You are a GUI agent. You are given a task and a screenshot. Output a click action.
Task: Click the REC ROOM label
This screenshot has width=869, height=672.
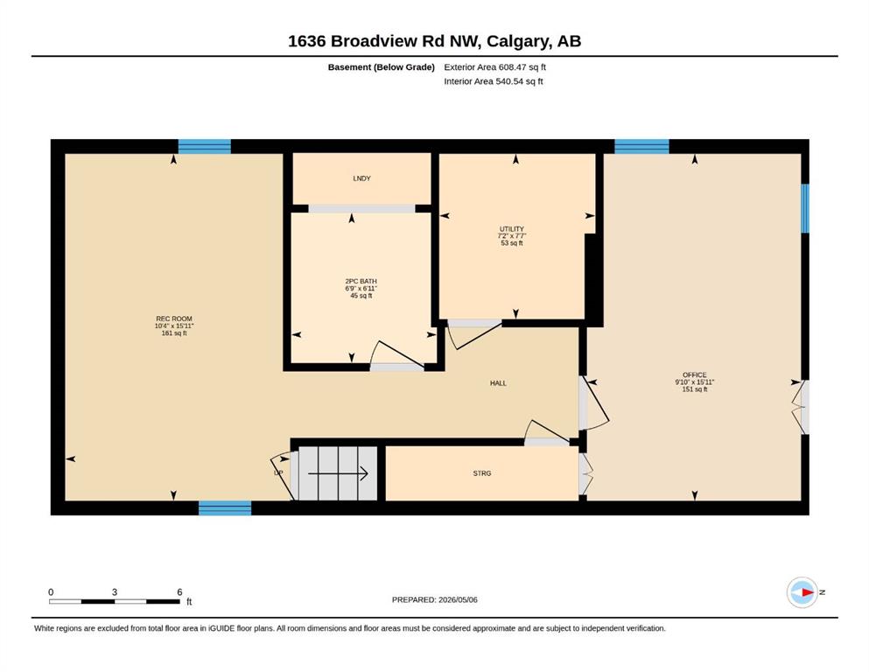[174, 318]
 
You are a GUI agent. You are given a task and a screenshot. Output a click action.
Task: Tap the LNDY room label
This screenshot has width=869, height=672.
[362, 178]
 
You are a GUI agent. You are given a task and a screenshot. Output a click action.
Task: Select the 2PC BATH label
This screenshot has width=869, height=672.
[361, 281]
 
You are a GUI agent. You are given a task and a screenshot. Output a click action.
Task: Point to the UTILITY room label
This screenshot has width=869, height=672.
[512, 228]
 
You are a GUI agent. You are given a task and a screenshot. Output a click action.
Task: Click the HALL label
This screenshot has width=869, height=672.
[498, 383]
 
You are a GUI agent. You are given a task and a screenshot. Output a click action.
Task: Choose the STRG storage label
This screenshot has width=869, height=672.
[482, 473]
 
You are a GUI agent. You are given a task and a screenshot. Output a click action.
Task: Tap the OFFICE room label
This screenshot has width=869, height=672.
[695, 375]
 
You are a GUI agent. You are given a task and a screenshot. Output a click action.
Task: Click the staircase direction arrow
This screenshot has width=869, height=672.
[338, 473]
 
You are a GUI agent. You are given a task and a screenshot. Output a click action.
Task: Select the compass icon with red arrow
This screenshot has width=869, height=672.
[802, 592]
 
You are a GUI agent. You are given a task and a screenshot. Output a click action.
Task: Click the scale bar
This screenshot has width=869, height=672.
[114, 601]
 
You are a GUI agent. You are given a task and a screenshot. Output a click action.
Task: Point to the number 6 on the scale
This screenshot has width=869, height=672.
[179, 591]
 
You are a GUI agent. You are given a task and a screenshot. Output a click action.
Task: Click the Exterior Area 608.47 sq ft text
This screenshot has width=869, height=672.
[495, 67]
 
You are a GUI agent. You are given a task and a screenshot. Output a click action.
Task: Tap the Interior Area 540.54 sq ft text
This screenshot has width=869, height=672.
[494, 81]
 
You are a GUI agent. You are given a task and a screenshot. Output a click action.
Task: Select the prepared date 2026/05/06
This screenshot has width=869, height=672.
[458, 599]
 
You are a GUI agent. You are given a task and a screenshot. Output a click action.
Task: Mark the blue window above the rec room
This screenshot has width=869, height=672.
[205, 146]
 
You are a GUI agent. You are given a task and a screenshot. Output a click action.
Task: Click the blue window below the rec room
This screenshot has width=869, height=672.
[225, 508]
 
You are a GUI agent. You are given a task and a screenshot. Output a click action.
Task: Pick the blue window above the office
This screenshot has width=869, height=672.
[641, 146]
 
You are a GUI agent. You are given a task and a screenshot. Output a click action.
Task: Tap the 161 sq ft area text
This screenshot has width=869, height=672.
[174, 333]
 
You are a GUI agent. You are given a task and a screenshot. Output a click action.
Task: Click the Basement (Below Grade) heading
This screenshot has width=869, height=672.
[382, 67]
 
